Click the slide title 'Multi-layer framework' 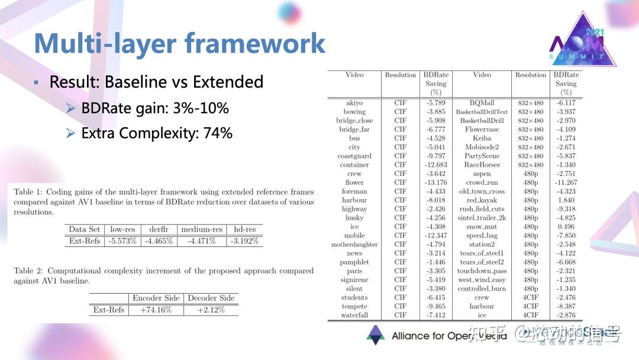[179, 44]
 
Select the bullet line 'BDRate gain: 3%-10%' [154, 108]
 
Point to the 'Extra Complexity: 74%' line [156, 133]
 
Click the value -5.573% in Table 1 [122, 242]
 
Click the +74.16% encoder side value [156, 310]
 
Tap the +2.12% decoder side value [211, 310]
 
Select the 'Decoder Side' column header [211, 298]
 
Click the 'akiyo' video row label [354, 103]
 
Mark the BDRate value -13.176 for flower [435, 182]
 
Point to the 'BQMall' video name [482, 103]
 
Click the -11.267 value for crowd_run [566, 182]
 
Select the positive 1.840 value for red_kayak [566, 200]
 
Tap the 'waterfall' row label [354, 315]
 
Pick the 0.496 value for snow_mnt [566, 227]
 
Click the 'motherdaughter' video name [354, 244]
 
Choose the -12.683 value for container [435, 165]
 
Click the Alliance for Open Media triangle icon [375, 335]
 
